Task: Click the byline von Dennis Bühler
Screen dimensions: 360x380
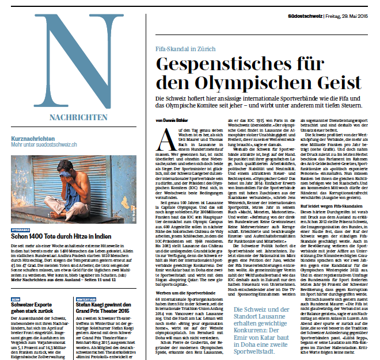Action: (172, 120)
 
